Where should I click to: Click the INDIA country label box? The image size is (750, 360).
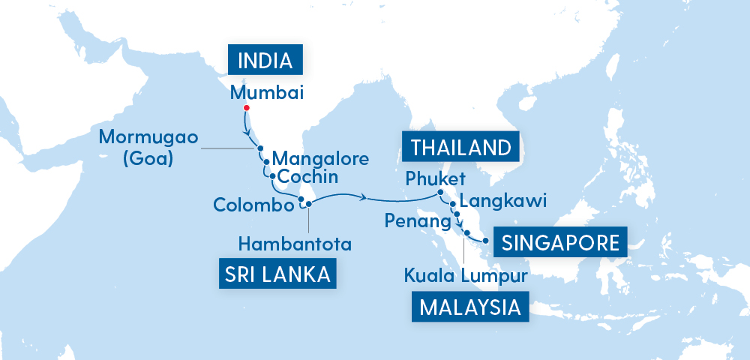tap(265, 60)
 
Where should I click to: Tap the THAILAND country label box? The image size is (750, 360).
tap(460, 146)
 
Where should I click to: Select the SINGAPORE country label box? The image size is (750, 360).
tap(560, 242)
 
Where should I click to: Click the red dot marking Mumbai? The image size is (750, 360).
tap(246, 108)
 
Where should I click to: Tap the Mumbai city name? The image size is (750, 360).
tap(266, 93)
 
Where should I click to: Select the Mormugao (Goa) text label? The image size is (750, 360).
tap(144, 148)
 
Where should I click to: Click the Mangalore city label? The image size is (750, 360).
tap(320, 159)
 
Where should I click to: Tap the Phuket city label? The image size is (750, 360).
tap(435, 179)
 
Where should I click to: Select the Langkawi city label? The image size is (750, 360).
tap(502, 200)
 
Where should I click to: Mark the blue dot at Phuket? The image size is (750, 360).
tap(440, 193)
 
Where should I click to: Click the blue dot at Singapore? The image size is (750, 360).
tap(486, 241)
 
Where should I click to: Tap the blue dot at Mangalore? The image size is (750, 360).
tap(265, 160)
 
